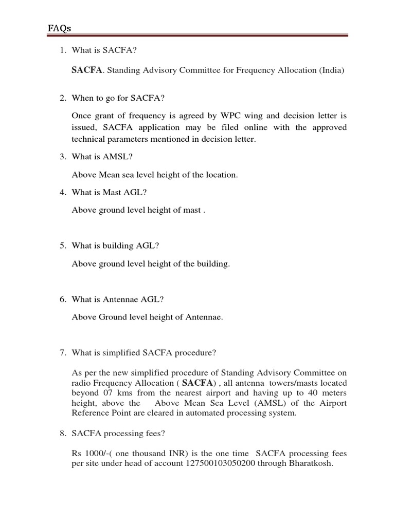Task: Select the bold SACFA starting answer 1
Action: pos(86,70)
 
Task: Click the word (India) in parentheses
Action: pos(332,70)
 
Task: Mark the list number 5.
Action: pos(62,246)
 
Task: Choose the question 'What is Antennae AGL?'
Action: pos(118,299)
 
